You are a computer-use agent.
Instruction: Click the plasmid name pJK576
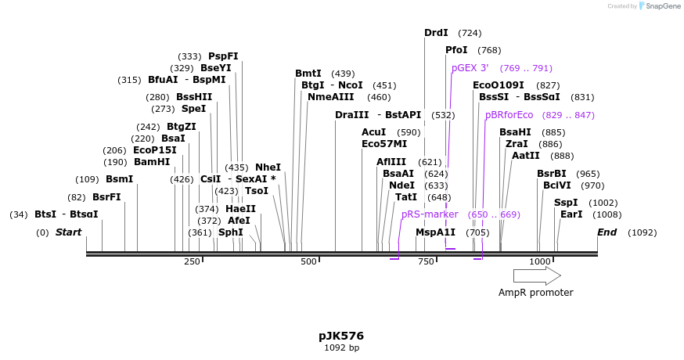[341, 336]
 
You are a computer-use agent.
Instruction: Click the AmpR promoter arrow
[537, 275]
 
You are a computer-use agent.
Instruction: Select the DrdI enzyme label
[436, 33]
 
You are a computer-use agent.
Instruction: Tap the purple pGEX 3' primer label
[470, 68]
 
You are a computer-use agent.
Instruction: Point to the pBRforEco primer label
[509, 115]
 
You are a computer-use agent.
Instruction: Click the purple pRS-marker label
[430, 214]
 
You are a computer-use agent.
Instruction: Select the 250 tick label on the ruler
[192, 261]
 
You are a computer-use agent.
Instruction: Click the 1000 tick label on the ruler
[540, 261]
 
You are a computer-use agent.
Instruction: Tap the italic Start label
[68, 232]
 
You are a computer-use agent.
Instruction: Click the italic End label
[607, 232]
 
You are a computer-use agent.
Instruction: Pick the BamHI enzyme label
[152, 162]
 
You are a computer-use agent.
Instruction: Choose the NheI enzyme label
[268, 167]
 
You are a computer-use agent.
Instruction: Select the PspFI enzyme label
[223, 56]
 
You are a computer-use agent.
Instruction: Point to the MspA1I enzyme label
[435, 232]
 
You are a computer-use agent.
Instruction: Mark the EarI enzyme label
[571, 214]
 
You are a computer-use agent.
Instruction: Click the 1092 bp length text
[341, 347]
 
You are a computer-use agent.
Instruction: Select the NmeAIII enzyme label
[330, 97]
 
